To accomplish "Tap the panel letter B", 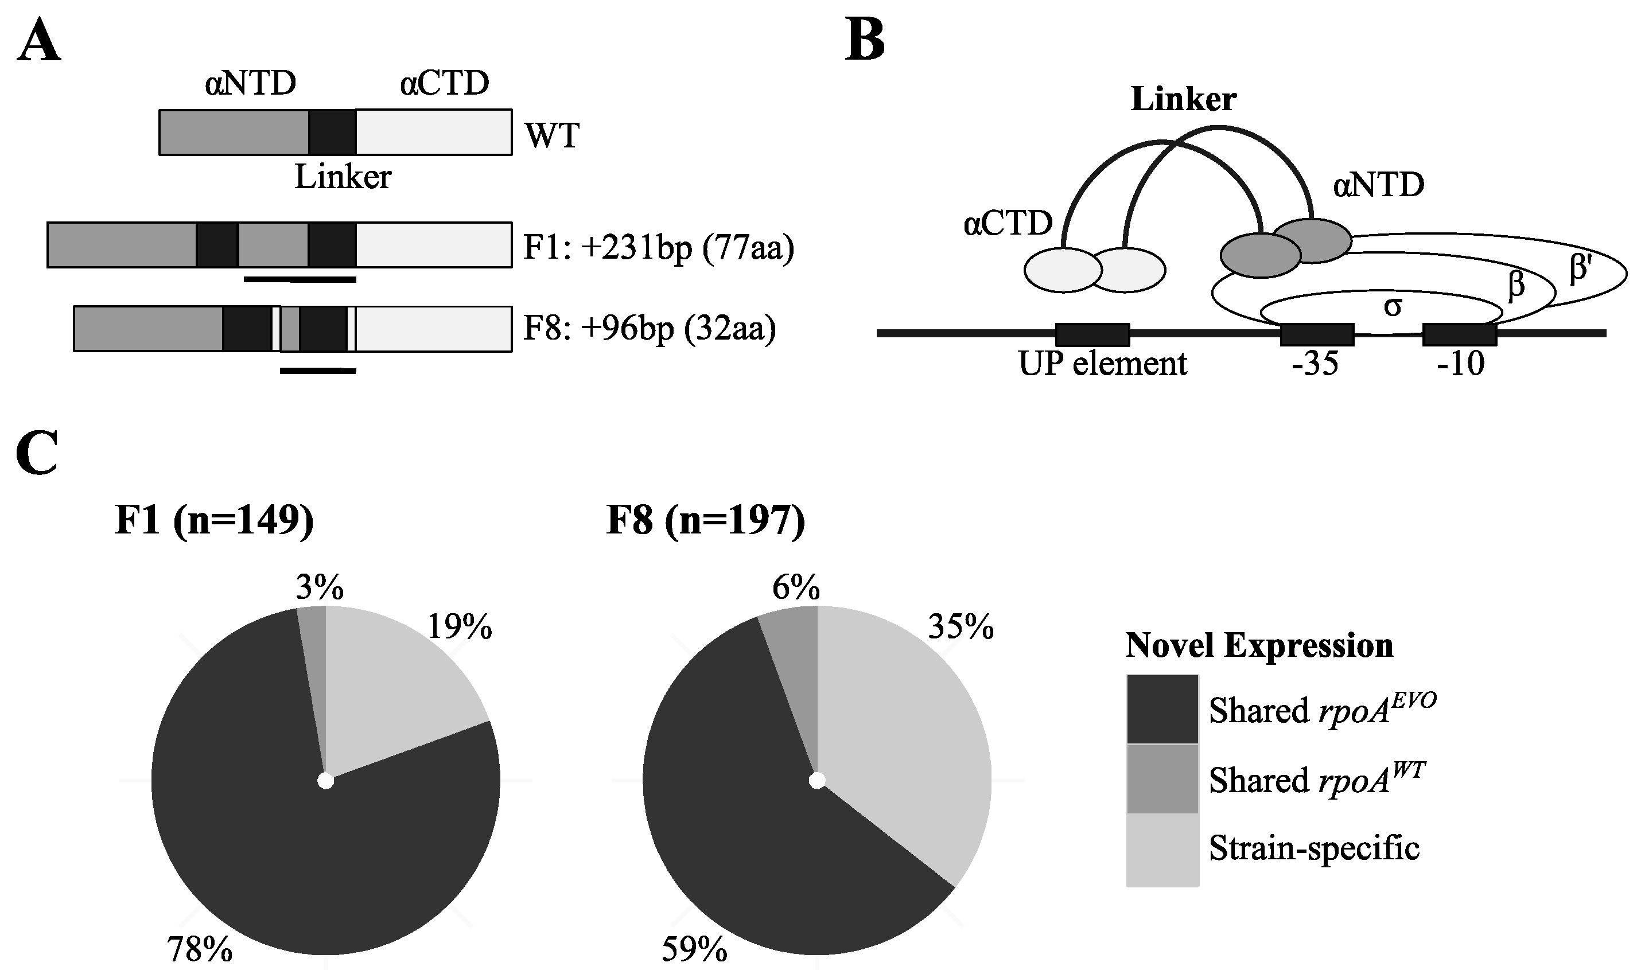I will [864, 40].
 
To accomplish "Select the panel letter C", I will [37, 453].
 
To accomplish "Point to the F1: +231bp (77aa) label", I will [658, 248].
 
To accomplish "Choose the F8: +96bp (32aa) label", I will [649, 328].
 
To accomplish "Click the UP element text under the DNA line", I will [1102, 364].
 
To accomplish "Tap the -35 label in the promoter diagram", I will [1315, 364].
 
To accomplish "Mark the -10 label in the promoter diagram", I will [1460, 364].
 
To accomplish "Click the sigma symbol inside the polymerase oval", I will [1393, 306].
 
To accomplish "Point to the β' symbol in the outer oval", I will [1580, 268].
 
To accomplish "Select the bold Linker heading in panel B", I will [1183, 99].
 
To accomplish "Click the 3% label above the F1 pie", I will [319, 587].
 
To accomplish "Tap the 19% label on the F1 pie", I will [459, 628].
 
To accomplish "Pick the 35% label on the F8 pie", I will [961, 628].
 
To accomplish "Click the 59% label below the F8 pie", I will [694, 950].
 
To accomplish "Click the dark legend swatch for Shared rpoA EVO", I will [1162, 709].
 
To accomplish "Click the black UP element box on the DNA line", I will [1092, 334].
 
